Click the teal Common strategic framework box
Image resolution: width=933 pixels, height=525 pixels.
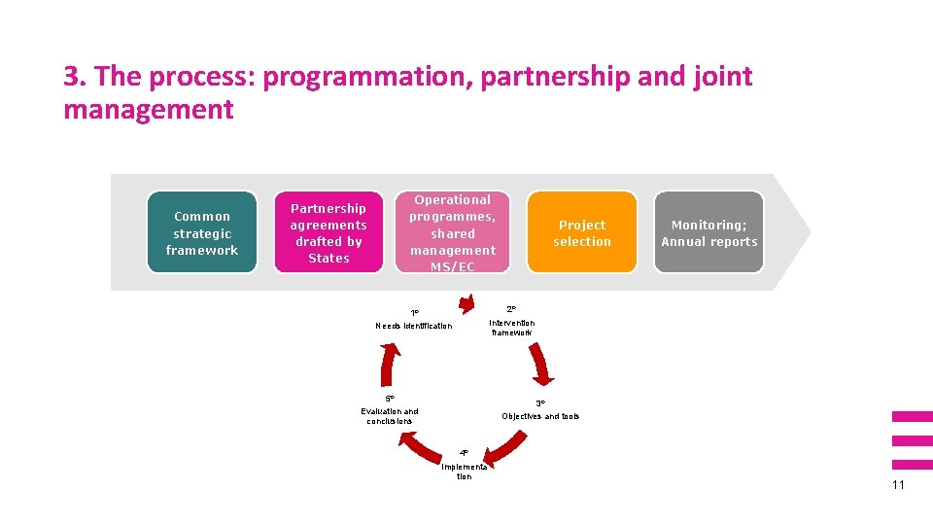tap(202, 232)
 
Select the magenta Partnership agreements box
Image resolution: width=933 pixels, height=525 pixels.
tap(328, 232)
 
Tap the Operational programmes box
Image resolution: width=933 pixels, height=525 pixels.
tap(452, 232)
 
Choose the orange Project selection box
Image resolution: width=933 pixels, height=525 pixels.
tap(582, 232)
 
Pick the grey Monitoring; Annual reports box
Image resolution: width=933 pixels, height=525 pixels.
tap(708, 232)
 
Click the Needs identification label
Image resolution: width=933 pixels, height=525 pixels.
tap(414, 326)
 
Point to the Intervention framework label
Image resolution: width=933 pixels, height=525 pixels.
tap(512, 328)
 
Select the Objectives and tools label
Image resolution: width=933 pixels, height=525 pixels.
tap(540, 416)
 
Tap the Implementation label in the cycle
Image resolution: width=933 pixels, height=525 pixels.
tap(465, 472)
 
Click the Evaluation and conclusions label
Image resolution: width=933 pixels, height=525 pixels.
tap(389, 416)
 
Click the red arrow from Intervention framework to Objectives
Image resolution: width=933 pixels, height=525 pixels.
tap(539, 364)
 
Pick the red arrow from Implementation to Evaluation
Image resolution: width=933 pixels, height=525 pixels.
tap(421, 447)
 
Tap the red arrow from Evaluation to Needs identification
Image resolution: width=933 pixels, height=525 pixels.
tap(388, 365)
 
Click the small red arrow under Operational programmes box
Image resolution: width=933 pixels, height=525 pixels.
tap(467, 303)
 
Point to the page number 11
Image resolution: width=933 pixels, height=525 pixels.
tap(898, 484)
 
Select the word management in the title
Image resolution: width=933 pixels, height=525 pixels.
tap(148, 110)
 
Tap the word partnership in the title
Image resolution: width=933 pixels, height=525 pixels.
tap(555, 77)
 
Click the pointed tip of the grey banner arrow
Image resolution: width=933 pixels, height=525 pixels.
tap(811, 232)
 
